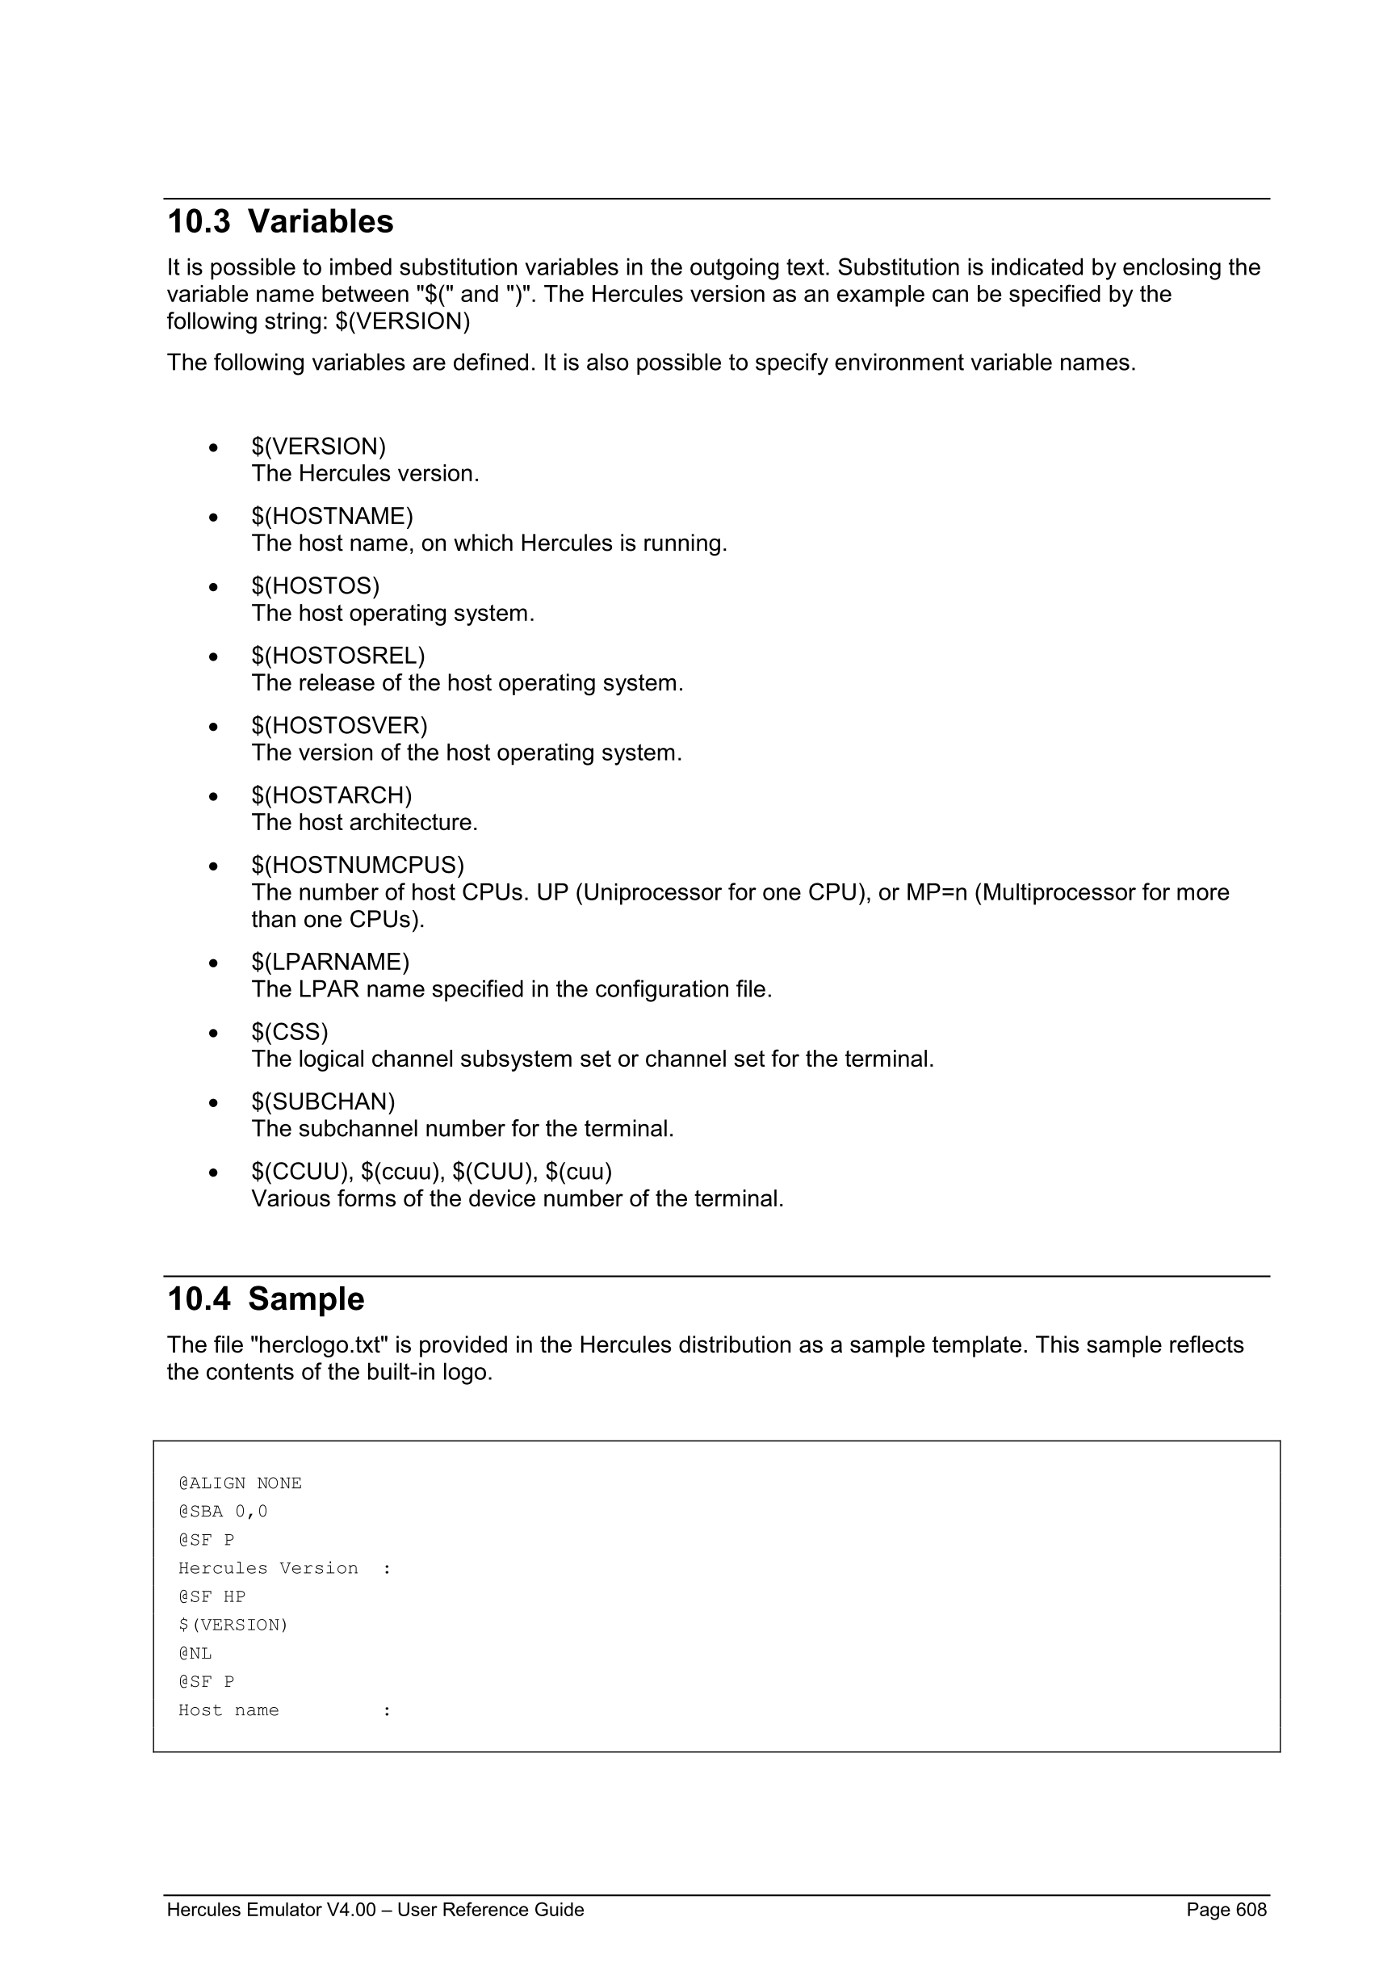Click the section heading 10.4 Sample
[x=266, y=1299]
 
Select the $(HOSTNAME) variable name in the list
[x=332, y=517]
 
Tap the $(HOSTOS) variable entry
[x=316, y=586]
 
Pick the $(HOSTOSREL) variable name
[x=338, y=657]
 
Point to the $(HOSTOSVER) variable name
[x=340, y=726]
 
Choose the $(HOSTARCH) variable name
[x=332, y=796]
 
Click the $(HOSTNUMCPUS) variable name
[x=358, y=866]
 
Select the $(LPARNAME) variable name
[x=330, y=963]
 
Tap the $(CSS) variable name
[x=290, y=1032]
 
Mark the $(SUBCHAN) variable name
[x=323, y=1102]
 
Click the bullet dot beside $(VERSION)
[x=213, y=447]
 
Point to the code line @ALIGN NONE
[x=240, y=1483]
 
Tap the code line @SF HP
[x=212, y=1597]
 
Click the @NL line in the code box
[x=195, y=1654]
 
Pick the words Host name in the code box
[x=228, y=1711]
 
